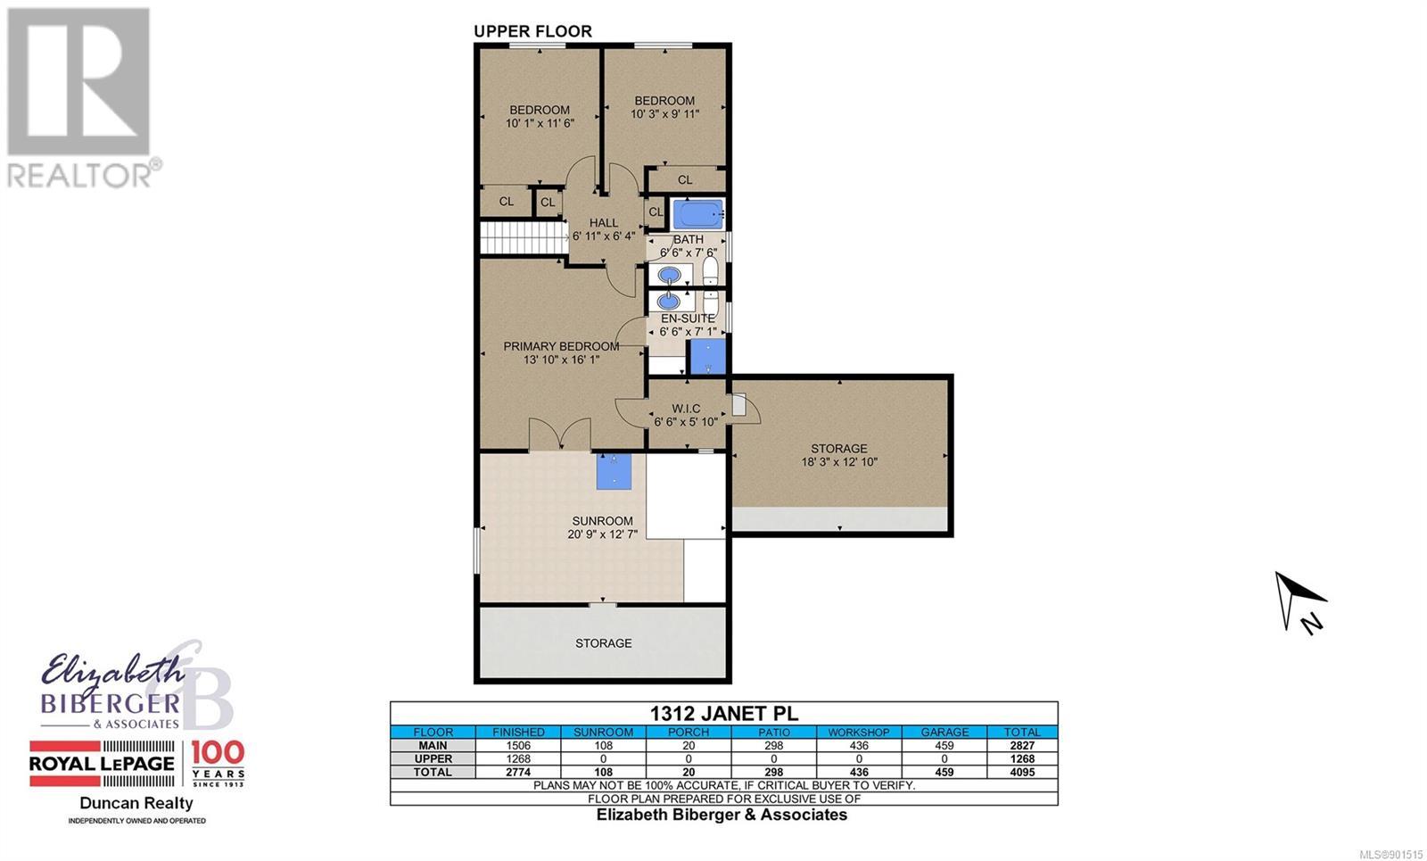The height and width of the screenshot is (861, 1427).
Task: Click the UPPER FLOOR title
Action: [x=532, y=31]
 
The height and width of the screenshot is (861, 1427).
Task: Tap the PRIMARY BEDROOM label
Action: [x=561, y=346]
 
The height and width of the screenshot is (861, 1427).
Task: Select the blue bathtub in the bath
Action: [x=698, y=214]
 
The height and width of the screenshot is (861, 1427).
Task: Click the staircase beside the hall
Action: [x=524, y=238]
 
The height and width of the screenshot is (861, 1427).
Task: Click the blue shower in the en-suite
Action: [x=708, y=357]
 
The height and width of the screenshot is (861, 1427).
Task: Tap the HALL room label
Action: [x=603, y=223]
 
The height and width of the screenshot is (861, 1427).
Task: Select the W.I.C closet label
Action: [x=686, y=409]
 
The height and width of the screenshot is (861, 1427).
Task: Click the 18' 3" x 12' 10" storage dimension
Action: [x=839, y=462]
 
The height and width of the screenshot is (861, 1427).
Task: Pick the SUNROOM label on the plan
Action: [x=602, y=521]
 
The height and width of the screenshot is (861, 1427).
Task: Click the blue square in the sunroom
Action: [x=614, y=472]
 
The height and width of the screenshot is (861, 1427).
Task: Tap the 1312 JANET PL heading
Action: [x=723, y=714]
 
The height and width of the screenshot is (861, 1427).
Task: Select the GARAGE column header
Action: [x=944, y=733]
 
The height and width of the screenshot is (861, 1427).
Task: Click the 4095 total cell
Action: [x=1022, y=772]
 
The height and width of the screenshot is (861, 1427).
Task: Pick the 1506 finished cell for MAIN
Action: [x=518, y=745]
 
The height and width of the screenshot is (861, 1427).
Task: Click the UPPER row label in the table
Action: [x=433, y=758]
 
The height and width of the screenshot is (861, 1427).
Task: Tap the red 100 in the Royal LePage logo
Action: [x=218, y=753]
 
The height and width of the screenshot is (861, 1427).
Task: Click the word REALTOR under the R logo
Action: [x=79, y=175]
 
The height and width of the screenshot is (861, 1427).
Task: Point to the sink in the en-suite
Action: [x=670, y=301]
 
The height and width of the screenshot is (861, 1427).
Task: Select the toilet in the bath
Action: [x=710, y=271]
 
